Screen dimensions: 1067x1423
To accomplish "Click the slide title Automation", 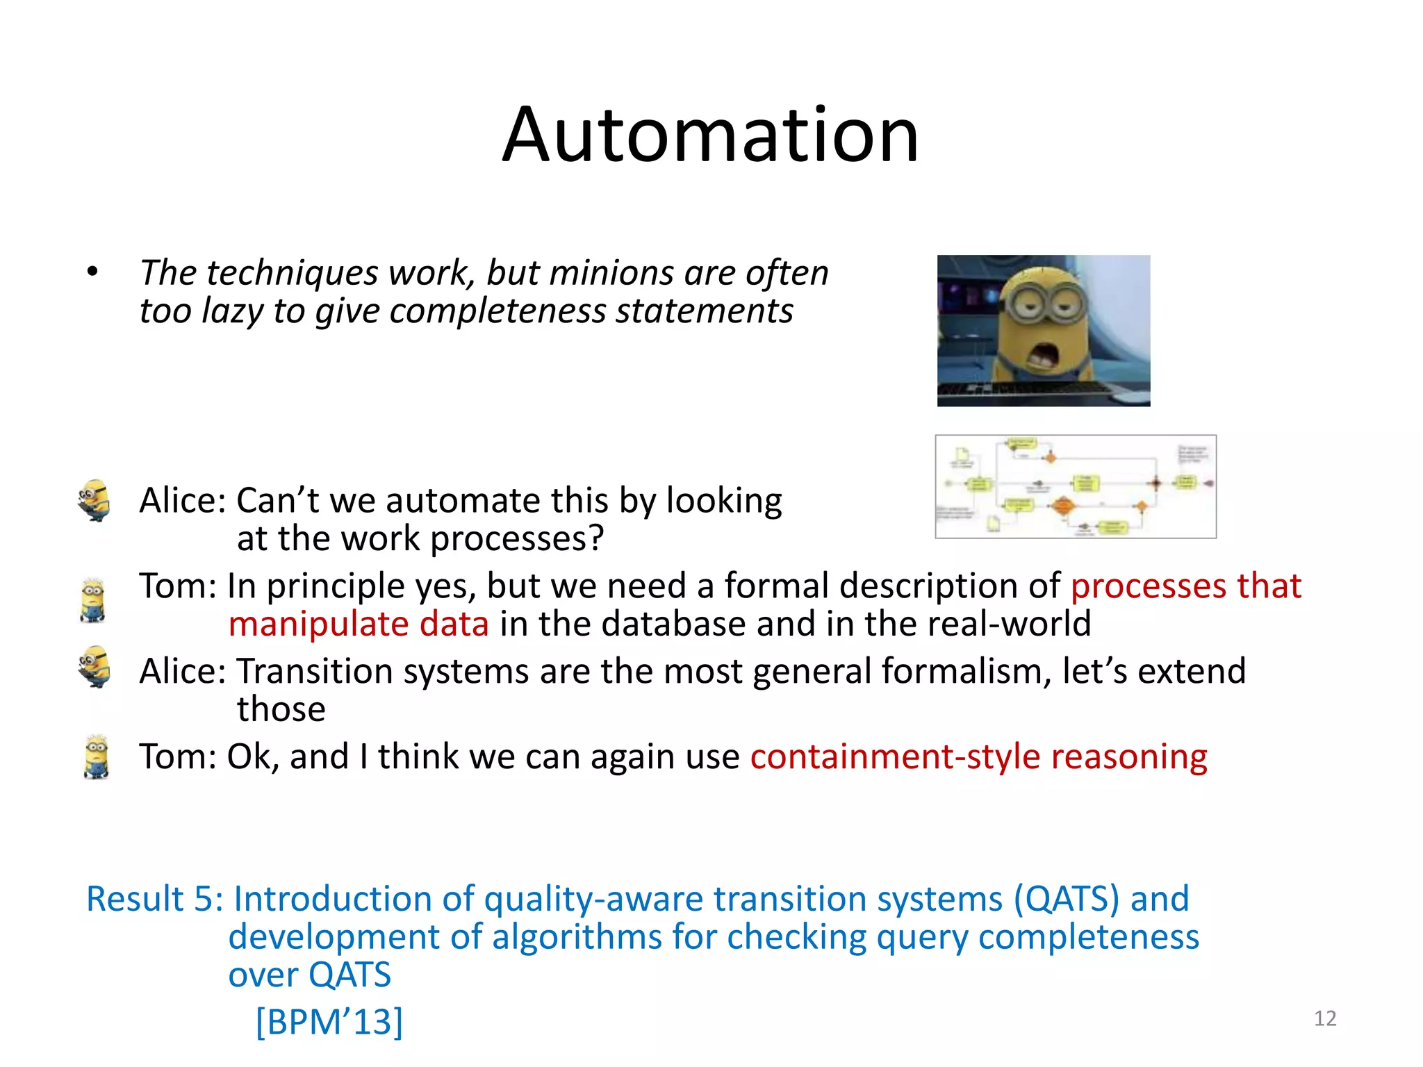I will (x=710, y=135).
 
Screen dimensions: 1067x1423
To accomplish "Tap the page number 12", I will (x=1324, y=1018).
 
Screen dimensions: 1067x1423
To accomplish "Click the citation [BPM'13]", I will (x=329, y=1021).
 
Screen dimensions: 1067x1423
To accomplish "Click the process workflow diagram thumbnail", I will (x=1075, y=486).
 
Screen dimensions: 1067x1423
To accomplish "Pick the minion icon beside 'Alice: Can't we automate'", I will (x=95, y=500).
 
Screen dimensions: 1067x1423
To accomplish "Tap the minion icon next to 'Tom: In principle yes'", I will (x=93, y=600).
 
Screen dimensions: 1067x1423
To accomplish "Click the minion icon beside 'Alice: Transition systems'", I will (x=95, y=667).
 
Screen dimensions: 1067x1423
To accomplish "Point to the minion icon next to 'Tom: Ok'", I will (x=96, y=757).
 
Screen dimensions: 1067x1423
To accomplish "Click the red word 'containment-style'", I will (x=894, y=756).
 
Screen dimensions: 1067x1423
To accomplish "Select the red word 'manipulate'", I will (x=318, y=624).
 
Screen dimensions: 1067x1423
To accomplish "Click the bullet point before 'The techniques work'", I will (x=92, y=272).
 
